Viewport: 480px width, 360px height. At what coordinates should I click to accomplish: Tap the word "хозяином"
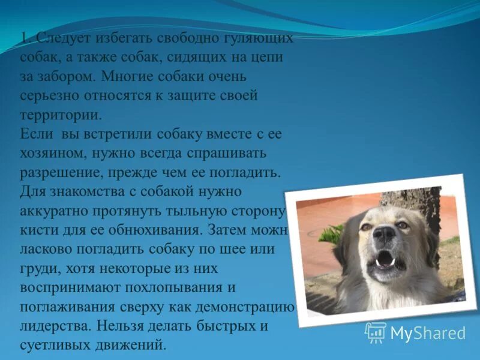[x=52, y=153]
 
